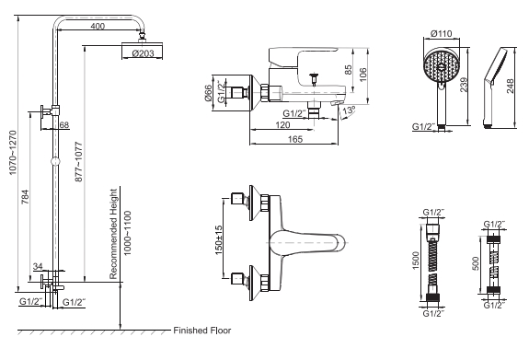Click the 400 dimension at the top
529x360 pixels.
pos(97,26)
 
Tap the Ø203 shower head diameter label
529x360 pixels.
pos(142,53)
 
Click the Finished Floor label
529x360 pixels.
pos(202,331)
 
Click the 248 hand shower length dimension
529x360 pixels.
pos(512,89)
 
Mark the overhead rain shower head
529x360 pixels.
pos(142,45)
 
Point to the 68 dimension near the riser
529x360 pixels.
pos(63,124)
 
